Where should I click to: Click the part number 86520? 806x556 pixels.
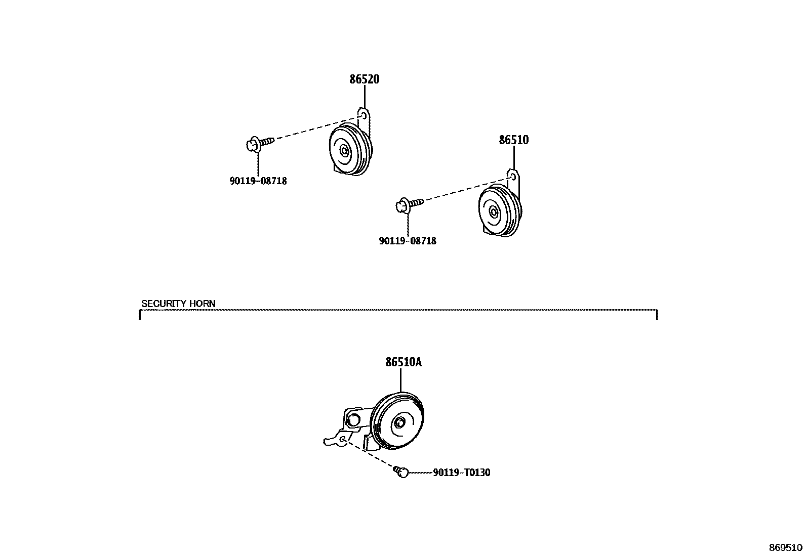(x=364, y=79)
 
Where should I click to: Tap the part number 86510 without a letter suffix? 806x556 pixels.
(x=513, y=140)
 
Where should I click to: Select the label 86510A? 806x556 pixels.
(x=404, y=362)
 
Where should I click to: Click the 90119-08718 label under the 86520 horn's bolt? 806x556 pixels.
(x=258, y=181)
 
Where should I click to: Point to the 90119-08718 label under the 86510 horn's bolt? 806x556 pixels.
(x=407, y=241)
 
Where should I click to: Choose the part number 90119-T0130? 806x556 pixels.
(x=461, y=473)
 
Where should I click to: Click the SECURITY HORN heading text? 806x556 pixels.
(x=178, y=304)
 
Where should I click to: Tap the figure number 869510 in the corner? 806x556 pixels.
(x=786, y=547)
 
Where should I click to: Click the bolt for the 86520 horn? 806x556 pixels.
(x=259, y=144)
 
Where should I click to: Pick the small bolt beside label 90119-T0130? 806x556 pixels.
(x=401, y=472)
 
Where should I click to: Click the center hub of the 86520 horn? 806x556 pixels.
(x=344, y=150)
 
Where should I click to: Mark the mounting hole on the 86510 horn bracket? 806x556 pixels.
(x=513, y=177)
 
